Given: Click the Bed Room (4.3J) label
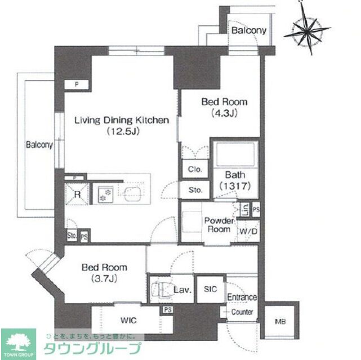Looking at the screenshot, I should pos(224,107).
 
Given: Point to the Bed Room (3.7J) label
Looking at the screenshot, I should pos(104,272).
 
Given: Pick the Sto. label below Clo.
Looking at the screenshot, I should pos(195,190).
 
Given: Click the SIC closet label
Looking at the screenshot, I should pos(210,290).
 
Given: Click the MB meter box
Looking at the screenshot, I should pos(279,322).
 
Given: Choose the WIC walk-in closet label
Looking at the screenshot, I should pos(128,320).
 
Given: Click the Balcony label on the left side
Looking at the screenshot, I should pos(39,145).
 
